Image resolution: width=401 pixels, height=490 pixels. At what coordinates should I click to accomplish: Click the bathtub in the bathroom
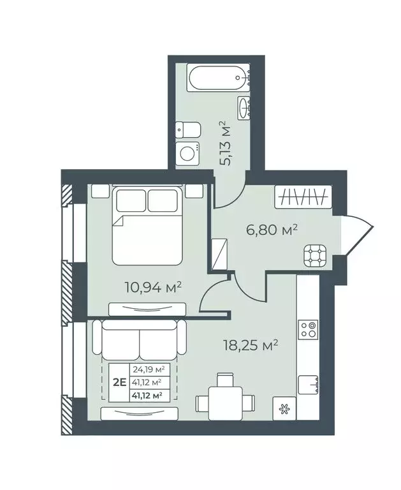click(x=219, y=77)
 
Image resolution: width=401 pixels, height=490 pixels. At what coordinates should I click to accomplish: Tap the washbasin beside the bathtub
click(x=244, y=107)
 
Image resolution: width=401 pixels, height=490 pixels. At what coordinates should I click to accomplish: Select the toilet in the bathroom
click(x=187, y=130)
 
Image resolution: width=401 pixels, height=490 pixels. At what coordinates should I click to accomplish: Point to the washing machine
click(x=187, y=154)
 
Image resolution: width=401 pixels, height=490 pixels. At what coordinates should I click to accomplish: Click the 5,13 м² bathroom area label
click(x=226, y=143)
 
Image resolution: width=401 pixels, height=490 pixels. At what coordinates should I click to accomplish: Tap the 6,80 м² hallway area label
click(x=272, y=230)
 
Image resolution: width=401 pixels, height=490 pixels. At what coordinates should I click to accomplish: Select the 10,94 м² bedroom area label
click(x=153, y=287)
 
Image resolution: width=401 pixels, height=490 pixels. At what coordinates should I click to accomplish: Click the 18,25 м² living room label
click(x=251, y=345)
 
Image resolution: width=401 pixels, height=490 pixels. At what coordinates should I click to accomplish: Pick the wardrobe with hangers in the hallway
click(x=303, y=197)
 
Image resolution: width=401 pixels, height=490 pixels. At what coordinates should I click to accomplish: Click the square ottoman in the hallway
click(x=315, y=256)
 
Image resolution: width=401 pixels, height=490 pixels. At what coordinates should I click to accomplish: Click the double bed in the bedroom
click(x=147, y=226)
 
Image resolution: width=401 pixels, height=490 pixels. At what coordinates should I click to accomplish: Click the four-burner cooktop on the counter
click(x=309, y=330)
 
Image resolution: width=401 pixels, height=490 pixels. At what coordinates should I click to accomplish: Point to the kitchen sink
click(x=309, y=384)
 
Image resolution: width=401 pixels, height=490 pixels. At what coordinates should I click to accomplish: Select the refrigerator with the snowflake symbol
click(x=284, y=409)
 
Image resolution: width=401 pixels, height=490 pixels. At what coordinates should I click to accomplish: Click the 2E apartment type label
click(x=119, y=382)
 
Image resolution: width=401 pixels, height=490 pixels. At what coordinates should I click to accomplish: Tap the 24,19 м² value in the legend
click(x=149, y=369)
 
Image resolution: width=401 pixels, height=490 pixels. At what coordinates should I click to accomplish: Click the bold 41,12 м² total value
click(x=147, y=396)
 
